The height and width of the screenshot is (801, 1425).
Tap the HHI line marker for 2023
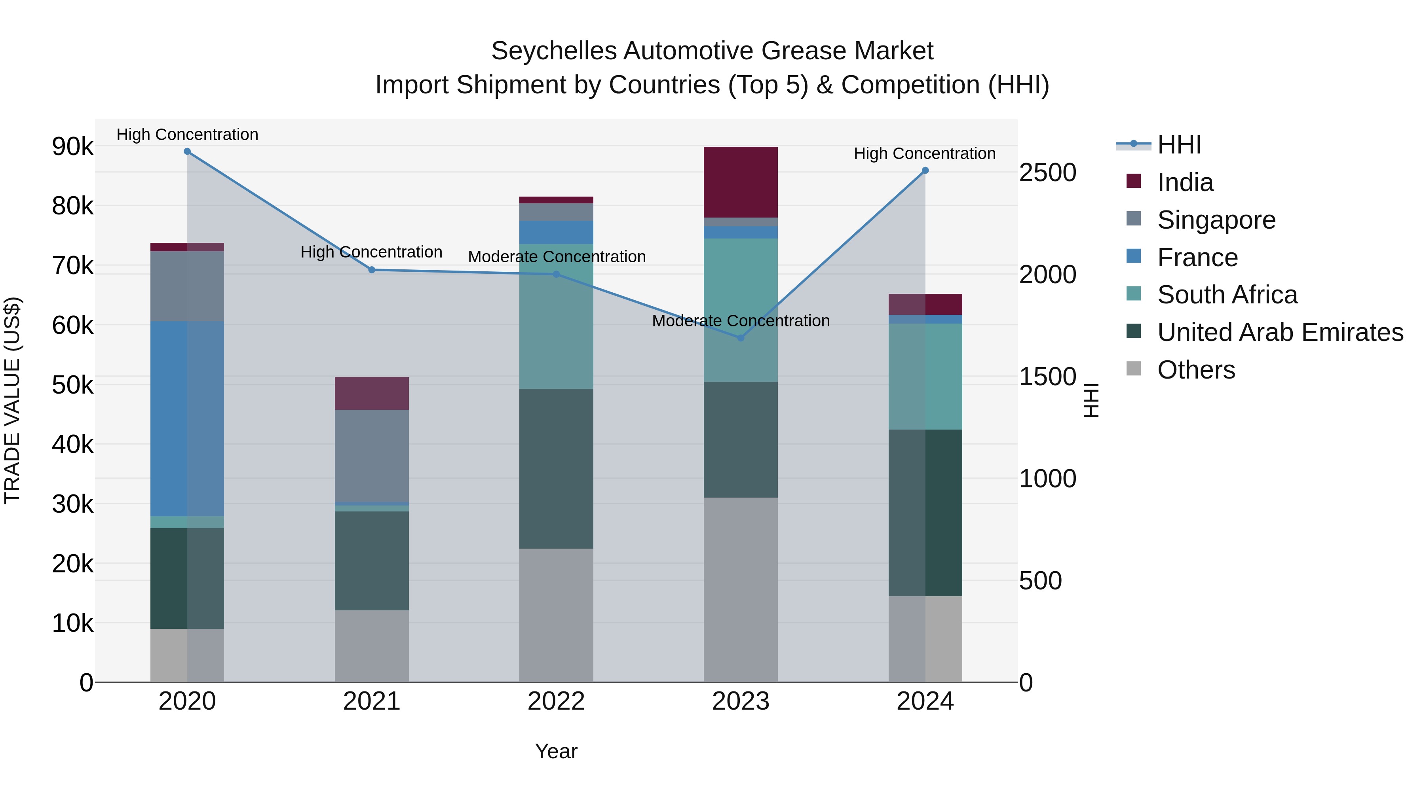741,338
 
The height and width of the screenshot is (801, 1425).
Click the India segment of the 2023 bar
740,182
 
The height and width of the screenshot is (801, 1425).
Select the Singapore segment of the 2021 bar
372,456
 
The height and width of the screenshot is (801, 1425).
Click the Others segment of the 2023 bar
740,589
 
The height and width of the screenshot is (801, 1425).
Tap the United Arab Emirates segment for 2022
556,468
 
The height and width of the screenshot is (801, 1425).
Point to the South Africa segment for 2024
925,377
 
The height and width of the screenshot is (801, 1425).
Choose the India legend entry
1185,182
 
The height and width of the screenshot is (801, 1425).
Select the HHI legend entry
1178,145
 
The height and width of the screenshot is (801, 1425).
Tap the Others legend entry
1195,370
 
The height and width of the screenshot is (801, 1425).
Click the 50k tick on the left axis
72,385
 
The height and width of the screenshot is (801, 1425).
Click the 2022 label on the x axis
556,701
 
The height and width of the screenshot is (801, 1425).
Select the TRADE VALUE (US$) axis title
12,400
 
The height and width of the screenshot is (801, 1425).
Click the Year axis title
556,751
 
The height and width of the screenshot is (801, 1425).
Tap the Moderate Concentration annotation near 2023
740,321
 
